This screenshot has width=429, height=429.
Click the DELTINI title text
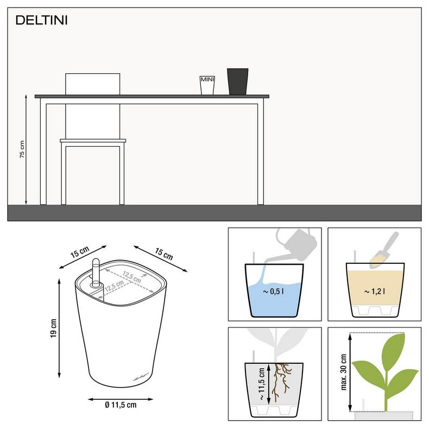pos(41,21)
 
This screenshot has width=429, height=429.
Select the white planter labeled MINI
pos(207,85)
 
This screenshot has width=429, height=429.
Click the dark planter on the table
pos(237,81)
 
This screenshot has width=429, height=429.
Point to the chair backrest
pos(92,84)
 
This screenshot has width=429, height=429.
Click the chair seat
pos(93,142)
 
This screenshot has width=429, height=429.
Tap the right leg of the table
pos(261,152)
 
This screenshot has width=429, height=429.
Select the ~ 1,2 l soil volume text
pos(375,292)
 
